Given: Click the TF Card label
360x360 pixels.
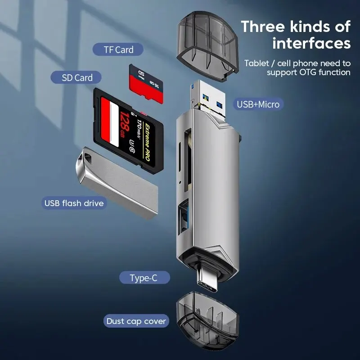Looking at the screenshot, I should [118, 50].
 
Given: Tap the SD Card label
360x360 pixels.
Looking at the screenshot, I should [77, 77].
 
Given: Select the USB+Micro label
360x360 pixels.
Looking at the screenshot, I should [258, 104].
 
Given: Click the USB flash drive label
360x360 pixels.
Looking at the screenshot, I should [74, 203].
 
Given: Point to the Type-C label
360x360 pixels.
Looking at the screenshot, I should [144, 278].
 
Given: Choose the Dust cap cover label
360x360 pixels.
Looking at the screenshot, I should [136, 321].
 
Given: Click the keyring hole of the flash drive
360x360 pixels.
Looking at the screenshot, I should [86, 158].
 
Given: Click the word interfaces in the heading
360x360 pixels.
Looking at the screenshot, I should [311, 44].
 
